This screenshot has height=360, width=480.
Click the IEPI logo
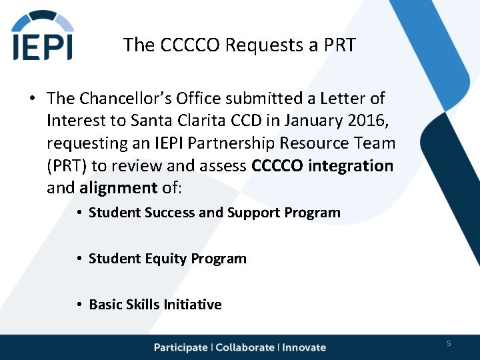point(43,36)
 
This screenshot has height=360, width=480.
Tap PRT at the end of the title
point(339,45)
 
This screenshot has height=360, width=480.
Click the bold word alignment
point(117,188)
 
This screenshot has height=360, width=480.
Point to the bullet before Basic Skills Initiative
point(79,305)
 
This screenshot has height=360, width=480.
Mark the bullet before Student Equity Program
point(79,259)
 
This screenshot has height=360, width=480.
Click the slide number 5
point(449,343)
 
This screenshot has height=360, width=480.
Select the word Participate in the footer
point(181,347)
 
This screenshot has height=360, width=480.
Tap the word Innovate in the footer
point(304,347)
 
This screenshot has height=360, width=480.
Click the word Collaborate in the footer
point(245,347)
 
